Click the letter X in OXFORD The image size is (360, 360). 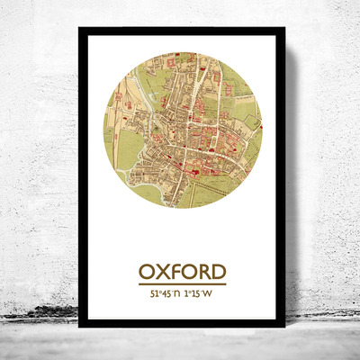162,271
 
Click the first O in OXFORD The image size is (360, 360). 146,271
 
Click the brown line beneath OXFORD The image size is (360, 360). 182,284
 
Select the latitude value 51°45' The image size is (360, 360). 153,293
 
